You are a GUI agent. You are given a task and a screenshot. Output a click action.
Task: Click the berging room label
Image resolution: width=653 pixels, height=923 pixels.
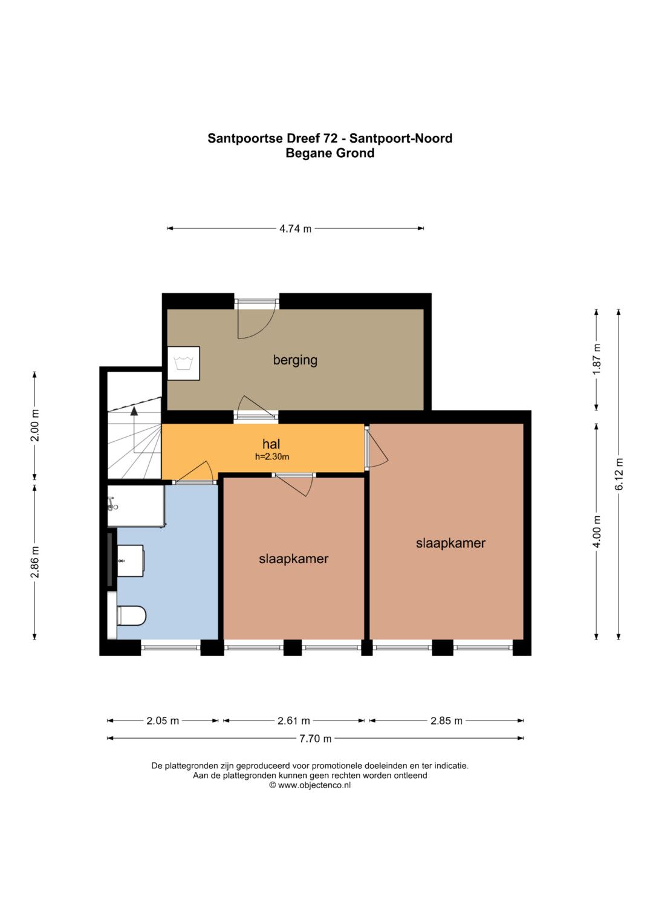tap(295, 360)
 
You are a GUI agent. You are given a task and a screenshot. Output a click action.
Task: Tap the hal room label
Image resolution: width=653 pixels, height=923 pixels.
tap(271, 444)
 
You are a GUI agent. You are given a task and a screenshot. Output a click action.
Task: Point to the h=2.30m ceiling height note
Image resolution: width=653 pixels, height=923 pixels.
tap(272, 456)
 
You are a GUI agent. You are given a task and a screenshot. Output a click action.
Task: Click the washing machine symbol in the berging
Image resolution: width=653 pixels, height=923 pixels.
tap(183, 363)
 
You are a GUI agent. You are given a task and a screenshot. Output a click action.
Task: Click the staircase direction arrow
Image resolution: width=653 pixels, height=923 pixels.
tap(134, 429)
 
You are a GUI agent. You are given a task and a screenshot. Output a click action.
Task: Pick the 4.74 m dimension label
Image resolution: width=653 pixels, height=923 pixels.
tap(295, 228)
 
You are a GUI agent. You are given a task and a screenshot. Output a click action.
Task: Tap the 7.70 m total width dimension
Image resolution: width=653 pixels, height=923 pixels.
tap(316, 739)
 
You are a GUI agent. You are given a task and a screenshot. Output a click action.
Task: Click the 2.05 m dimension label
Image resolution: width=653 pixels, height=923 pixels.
tap(163, 721)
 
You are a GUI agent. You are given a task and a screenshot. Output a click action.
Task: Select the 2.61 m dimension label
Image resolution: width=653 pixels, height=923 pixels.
tap(293, 721)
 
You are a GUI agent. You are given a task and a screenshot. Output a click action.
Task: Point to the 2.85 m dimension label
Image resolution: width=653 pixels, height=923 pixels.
tap(446, 721)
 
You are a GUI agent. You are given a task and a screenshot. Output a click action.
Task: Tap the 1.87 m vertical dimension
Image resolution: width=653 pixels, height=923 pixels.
tap(597, 359)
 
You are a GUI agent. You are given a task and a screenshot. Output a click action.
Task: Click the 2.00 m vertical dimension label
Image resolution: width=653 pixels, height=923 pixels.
tap(34, 426)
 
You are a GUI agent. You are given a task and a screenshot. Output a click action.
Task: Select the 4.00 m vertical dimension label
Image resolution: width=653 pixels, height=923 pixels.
tap(597, 531)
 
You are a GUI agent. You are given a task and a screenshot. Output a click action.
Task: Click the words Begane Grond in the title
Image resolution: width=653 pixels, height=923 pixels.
tap(330, 154)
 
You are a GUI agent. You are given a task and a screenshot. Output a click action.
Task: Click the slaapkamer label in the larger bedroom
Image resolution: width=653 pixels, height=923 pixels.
tap(450, 543)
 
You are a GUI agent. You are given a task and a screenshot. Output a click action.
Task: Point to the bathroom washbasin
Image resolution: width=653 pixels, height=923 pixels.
tap(131, 561)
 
